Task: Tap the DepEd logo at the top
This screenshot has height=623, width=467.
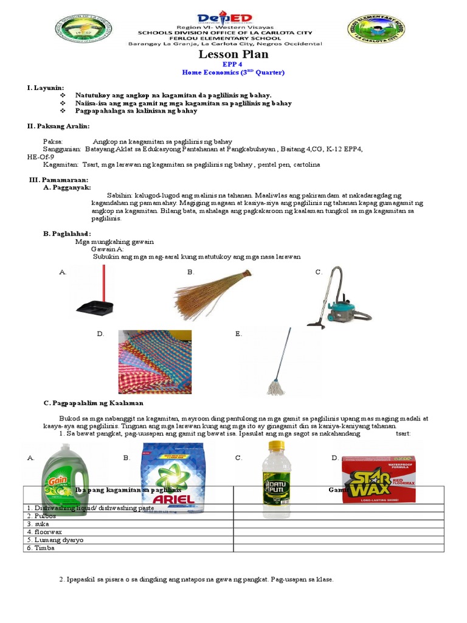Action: (x=233, y=18)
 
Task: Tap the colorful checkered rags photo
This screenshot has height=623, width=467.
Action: (x=154, y=362)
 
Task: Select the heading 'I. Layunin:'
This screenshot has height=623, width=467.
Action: (x=46, y=88)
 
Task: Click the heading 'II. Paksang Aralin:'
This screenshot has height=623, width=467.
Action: (x=58, y=126)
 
